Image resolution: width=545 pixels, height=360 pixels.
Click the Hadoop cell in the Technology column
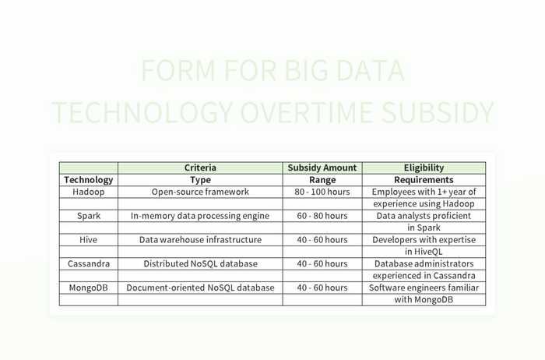(x=88, y=192)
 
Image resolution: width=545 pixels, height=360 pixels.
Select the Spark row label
(x=88, y=216)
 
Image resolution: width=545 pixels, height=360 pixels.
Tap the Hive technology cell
(x=88, y=240)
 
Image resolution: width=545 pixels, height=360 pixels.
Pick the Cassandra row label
(x=88, y=263)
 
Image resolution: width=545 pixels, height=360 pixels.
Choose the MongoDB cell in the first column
(x=88, y=288)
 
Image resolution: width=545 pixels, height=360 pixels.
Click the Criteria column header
(x=200, y=168)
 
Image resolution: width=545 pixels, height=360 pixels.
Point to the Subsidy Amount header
(x=322, y=168)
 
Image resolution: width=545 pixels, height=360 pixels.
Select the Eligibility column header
(x=424, y=168)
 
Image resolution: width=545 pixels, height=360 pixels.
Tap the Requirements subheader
(x=424, y=180)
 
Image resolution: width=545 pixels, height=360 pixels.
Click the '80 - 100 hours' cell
(x=322, y=192)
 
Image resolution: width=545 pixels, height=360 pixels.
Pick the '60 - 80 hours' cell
(x=322, y=216)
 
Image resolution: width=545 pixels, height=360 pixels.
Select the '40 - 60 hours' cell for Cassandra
(x=322, y=263)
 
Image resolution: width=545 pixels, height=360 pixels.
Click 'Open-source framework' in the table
(x=200, y=192)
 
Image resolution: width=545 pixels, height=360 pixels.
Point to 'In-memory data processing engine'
(x=200, y=216)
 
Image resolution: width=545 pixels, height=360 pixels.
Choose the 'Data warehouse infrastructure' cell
(x=200, y=240)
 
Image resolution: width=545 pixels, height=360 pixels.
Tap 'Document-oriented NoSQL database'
(x=200, y=288)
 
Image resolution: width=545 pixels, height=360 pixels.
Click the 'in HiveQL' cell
(x=424, y=252)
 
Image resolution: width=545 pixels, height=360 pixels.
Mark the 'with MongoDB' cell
(x=424, y=300)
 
